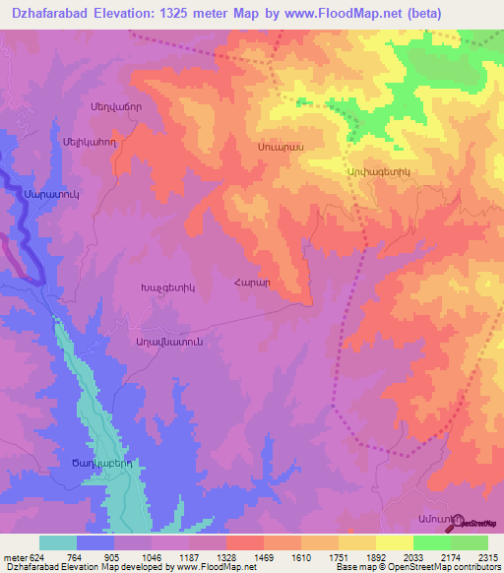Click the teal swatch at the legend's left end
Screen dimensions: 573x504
tap(57, 542)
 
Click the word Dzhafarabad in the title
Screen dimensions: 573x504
tap(48, 13)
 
